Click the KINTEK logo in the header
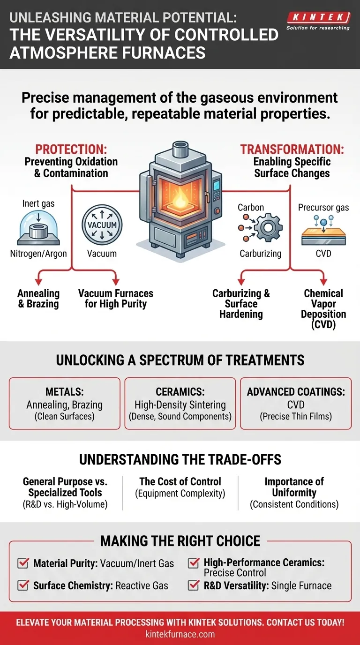[318, 17]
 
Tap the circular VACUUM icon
[102, 224]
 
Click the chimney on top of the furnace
[180, 150]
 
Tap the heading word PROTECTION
[71, 150]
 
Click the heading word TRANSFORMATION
[292, 150]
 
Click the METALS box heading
[65, 392]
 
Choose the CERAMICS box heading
[180, 392]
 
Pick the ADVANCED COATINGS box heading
[296, 392]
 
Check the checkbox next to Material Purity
[22, 563]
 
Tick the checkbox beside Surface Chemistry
[22, 585]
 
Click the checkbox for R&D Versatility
[193, 585]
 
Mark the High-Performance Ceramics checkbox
[193, 563]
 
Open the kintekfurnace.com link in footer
[180, 635]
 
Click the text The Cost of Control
[180, 481]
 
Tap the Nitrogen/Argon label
[38, 254]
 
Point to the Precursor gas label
[323, 207]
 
